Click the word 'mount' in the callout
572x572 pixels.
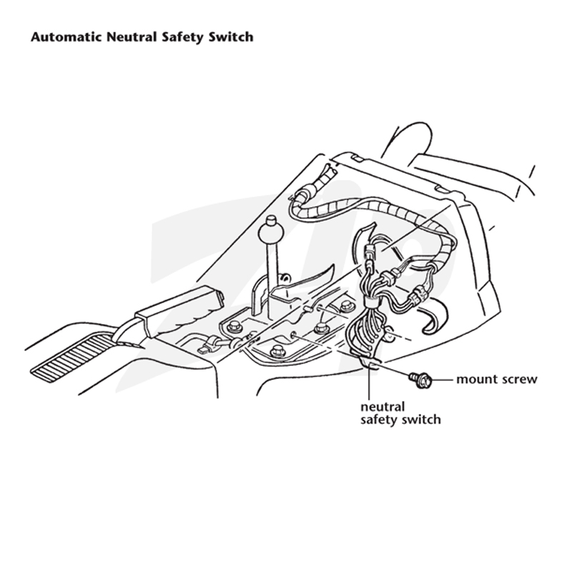(x=475, y=380)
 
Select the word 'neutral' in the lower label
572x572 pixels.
(x=383, y=406)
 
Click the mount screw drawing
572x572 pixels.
(x=420, y=380)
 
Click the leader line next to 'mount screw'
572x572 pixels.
(x=443, y=380)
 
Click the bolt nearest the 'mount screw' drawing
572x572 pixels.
(x=321, y=327)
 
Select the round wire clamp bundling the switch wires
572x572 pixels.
(x=370, y=302)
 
